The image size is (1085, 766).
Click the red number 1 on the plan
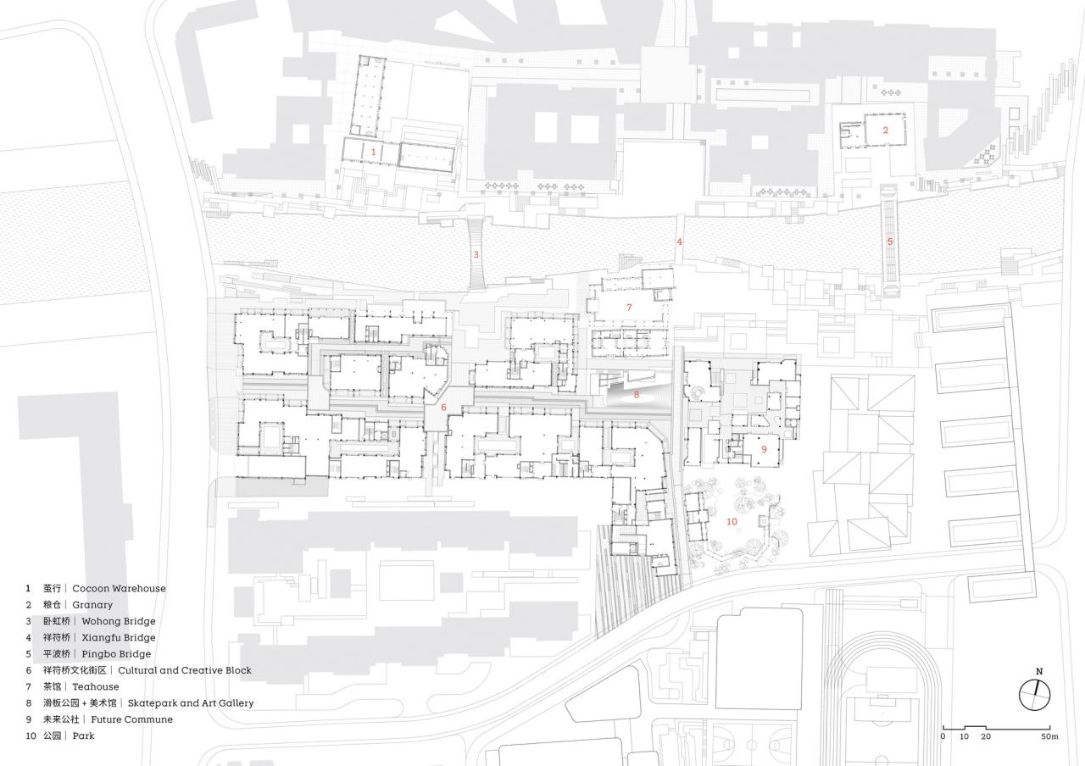[x=374, y=151]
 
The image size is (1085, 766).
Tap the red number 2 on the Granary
[x=886, y=130]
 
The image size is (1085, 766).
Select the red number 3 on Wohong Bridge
[x=476, y=254]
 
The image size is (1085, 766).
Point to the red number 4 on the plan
[x=679, y=241]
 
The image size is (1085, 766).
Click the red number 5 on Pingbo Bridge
[x=890, y=241]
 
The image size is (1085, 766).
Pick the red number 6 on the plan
[x=443, y=408]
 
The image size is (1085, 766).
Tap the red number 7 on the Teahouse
[x=629, y=307]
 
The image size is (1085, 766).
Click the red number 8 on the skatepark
[x=637, y=394]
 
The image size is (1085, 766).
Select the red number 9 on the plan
[x=764, y=448]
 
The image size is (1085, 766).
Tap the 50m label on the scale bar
[x=1049, y=736]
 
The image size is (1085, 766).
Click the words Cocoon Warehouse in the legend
[x=119, y=588]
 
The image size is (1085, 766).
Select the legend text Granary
[x=92, y=605]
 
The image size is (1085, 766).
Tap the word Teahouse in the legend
[x=96, y=686]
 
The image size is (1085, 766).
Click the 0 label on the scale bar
[x=943, y=736]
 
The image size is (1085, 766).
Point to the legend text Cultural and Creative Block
[x=184, y=670]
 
